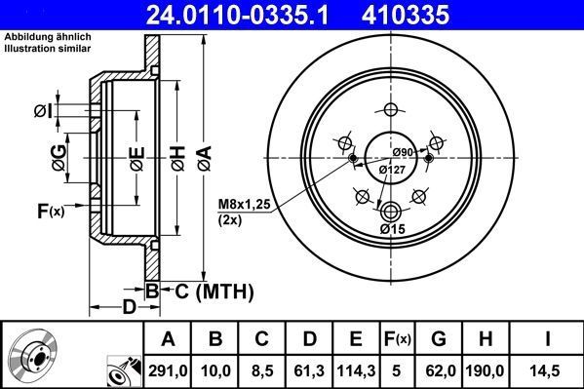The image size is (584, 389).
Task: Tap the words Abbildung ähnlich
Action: [x=40, y=37]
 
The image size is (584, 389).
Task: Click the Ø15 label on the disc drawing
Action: [x=392, y=229]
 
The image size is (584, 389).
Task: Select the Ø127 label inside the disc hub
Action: [x=391, y=170]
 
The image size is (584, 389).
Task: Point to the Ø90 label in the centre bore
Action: [x=404, y=151]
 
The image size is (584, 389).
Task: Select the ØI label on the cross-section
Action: [x=42, y=111]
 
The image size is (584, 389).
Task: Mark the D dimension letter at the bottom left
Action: [x=129, y=308]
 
